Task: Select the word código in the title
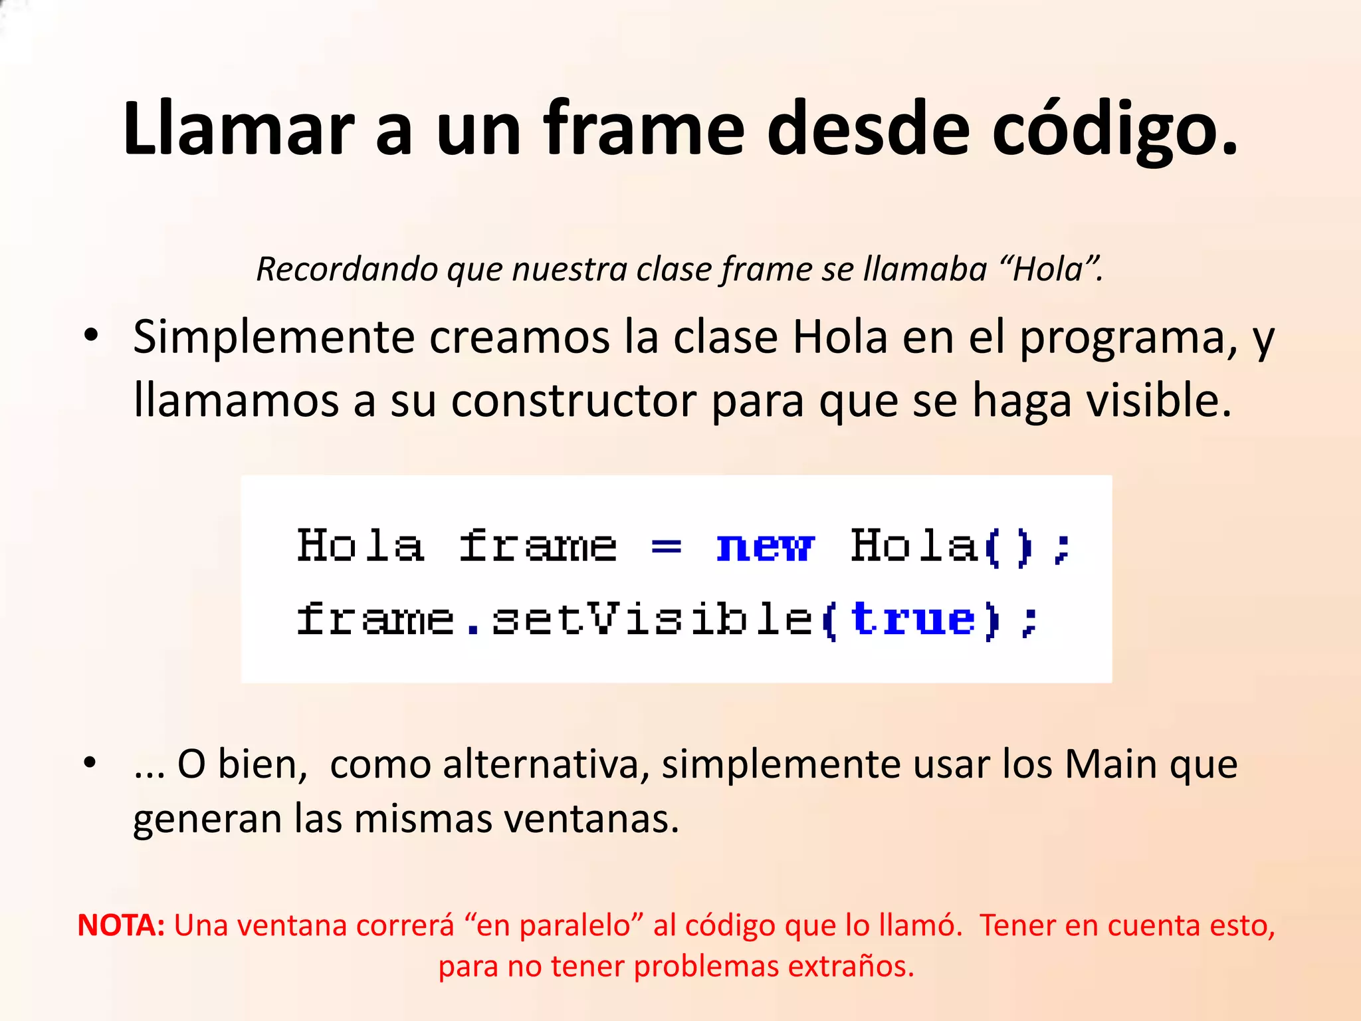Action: (x=1114, y=128)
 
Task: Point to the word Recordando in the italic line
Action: (x=347, y=269)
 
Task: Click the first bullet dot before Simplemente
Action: (x=91, y=334)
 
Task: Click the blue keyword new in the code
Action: (x=764, y=547)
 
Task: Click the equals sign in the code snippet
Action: (x=666, y=547)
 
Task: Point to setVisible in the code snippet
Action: (x=652, y=619)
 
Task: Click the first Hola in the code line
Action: (x=360, y=546)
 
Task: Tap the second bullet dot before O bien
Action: (x=91, y=762)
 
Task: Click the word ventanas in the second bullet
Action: (x=591, y=818)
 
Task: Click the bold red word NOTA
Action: (x=121, y=925)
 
